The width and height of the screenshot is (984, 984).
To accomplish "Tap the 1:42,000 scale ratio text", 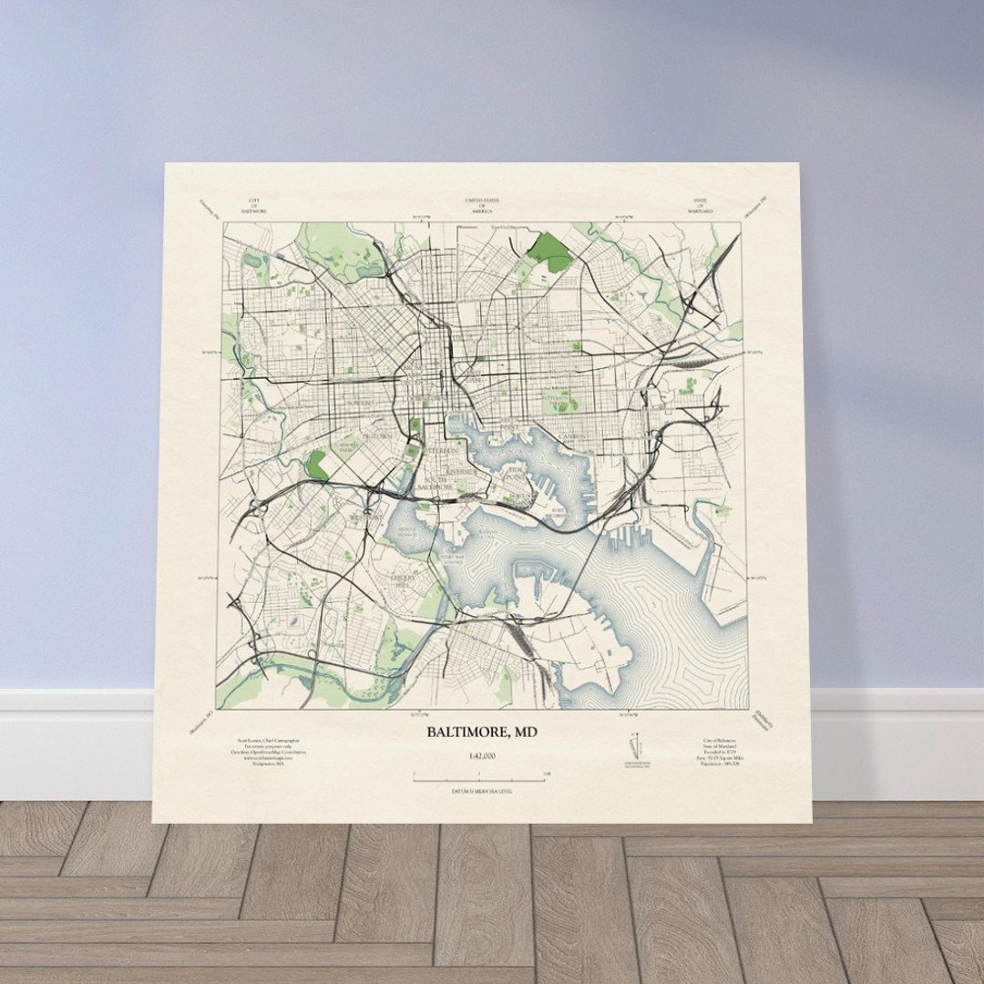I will click(482, 756).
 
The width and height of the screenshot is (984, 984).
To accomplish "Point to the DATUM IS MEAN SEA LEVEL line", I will click(481, 791).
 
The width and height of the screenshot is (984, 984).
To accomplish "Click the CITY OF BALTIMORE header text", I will click(253, 205).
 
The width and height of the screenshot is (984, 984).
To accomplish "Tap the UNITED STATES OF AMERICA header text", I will click(481, 205).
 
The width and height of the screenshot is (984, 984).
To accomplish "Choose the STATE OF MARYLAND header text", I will click(700, 205).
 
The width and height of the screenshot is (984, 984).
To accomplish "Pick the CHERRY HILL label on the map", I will click(402, 578).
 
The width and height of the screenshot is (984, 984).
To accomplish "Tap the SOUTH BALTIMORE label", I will click(435, 483).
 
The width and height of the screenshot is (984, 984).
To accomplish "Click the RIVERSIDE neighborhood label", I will click(461, 472).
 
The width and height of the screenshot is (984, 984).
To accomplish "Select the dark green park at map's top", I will click(550, 250).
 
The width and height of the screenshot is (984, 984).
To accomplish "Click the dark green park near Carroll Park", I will click(317, 464).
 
